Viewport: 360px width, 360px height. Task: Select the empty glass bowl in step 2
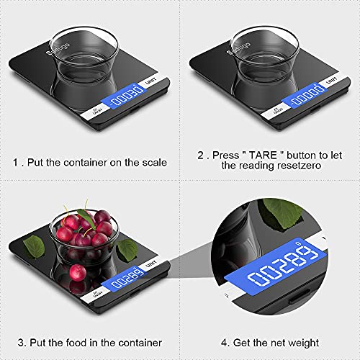pos(266,54)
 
